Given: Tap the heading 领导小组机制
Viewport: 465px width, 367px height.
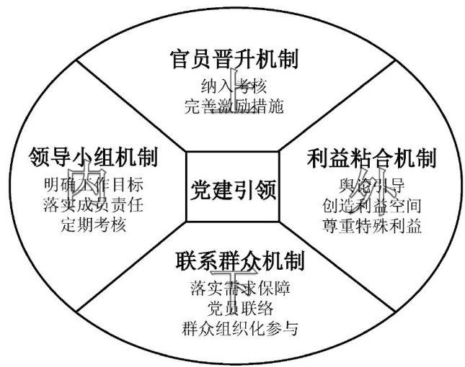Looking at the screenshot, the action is (94, 156).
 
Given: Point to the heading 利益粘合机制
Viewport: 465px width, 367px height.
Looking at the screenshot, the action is (372, 157).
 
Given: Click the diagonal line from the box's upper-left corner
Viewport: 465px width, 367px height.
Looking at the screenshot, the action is (130, 105).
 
